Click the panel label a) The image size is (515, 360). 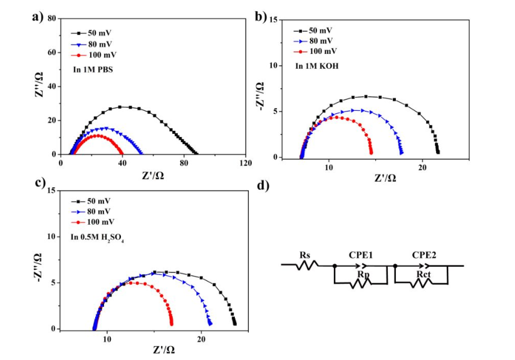tap(38, 17)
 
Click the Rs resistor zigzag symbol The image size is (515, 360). tap(307, 265)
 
